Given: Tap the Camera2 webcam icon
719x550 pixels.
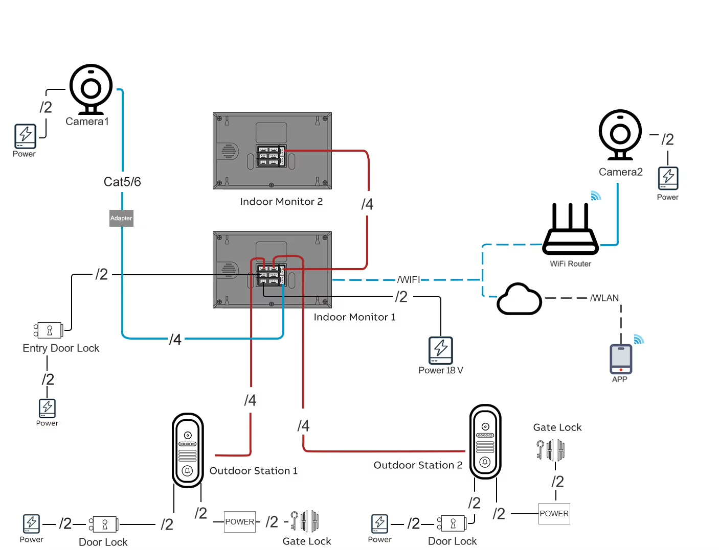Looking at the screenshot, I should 620,134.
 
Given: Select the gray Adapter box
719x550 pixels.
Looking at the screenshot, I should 121,218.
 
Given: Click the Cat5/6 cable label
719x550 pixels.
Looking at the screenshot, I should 122,182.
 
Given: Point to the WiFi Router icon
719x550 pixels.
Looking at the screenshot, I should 570,230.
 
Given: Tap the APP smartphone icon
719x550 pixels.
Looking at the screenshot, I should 621,359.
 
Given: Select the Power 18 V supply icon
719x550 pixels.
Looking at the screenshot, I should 441,350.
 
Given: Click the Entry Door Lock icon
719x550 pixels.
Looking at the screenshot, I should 49,330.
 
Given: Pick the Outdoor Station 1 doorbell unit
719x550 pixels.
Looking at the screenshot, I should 188,450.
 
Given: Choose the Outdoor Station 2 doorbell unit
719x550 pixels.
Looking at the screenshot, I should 485,442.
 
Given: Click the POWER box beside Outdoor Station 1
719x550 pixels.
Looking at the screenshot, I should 240,522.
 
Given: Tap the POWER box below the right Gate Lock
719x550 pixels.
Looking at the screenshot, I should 554,514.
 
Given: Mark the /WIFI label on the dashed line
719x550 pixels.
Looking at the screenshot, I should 409,280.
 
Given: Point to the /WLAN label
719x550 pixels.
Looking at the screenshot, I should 604,298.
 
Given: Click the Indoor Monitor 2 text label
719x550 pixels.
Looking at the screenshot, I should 281,202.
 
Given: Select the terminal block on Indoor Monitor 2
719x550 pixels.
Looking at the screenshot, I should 271,156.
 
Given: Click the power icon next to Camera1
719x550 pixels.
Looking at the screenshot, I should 25,136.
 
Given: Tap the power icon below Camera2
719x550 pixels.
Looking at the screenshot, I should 668,178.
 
